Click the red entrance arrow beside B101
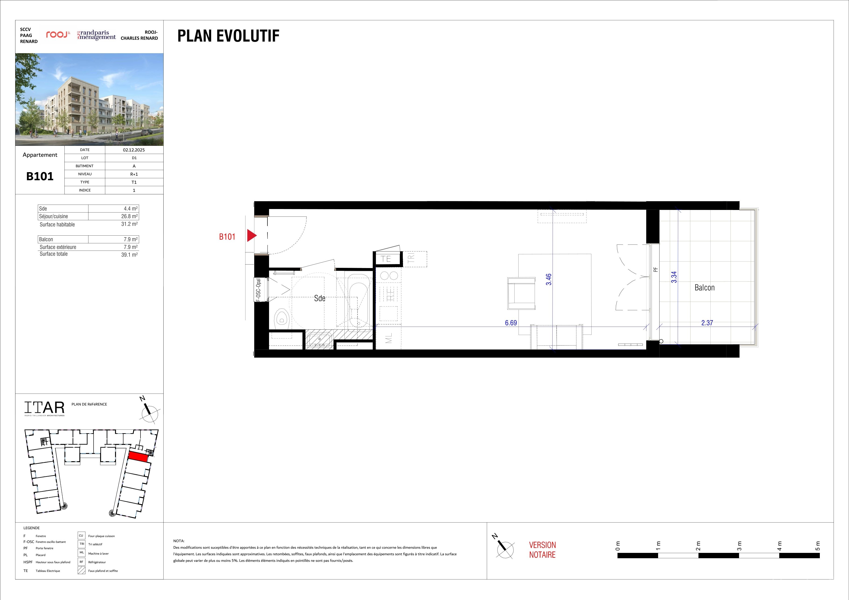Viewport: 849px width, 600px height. pos(251,235)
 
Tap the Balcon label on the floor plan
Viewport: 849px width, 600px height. pos(704,288)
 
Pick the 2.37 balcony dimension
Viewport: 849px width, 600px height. pos(707,323)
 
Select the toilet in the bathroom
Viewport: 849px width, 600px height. pos(282,317)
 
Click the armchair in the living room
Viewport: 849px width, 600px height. pos(521,293)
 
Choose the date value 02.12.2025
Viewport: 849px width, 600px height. pos(134,150)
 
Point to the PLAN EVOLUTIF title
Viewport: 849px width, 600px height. pos(228,36)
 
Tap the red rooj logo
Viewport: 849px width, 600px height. pos(58,35)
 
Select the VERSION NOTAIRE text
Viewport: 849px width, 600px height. pos(542,550)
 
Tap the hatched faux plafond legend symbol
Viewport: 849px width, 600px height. pos(82,570)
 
